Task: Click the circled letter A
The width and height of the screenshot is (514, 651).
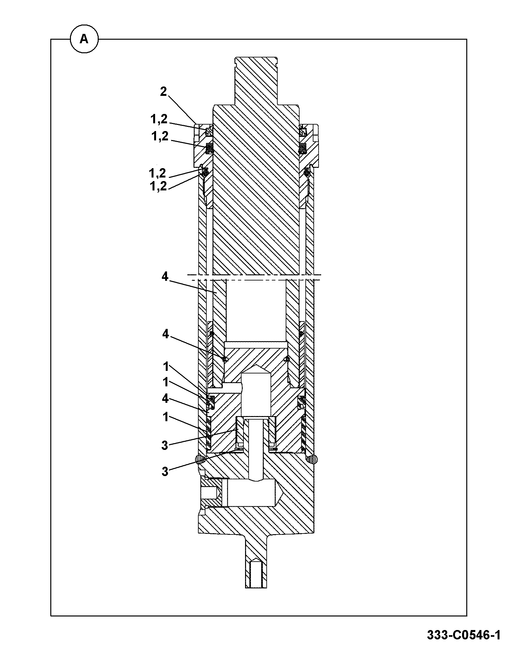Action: point(84,39)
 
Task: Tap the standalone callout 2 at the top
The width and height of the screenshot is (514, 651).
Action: point(163,92)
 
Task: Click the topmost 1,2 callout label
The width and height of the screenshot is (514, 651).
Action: point(159,119)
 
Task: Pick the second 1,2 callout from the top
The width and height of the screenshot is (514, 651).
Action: point(160,136)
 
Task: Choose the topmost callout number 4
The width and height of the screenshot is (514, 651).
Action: point(165,277)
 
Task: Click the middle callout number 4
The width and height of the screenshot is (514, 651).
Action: point(165,334)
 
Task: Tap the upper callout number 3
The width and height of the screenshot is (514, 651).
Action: point(165,446)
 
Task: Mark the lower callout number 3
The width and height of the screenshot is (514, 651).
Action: point(165,472)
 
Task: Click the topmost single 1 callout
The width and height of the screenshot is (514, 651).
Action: point(166,367)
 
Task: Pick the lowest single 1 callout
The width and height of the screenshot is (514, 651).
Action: point(166,417)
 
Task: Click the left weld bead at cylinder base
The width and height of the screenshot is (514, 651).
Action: point(200,459)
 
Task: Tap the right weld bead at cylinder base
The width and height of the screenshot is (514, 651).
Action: point(312,459)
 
